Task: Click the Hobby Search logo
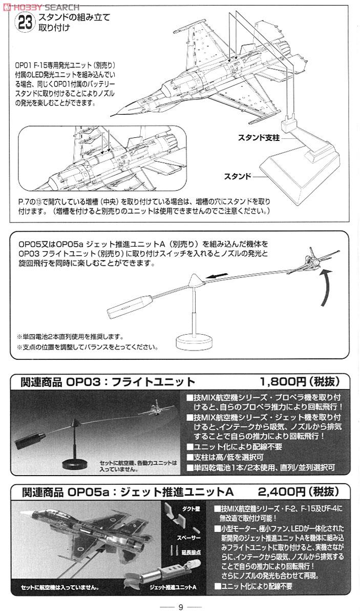pyautogui.click(x=41, y=7)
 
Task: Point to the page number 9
pyautogui.click(x=180, y=608)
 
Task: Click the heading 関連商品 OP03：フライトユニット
pyautogui.click(x=108, y=382)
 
